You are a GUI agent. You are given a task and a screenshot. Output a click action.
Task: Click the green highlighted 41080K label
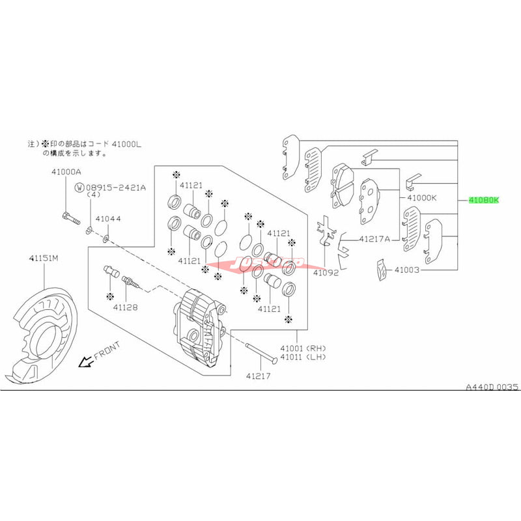click(x=483, y=200)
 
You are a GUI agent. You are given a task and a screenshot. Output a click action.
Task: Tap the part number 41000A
click(x=66, y=172)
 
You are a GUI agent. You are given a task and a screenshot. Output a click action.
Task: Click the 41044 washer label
click(x=108, y=219)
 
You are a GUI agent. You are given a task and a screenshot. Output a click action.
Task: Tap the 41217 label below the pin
click(x=259, y=376)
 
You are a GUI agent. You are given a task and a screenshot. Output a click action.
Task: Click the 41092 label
click(x=326, y=273)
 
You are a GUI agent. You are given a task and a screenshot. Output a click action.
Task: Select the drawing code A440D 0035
click(x=491, y=387)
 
